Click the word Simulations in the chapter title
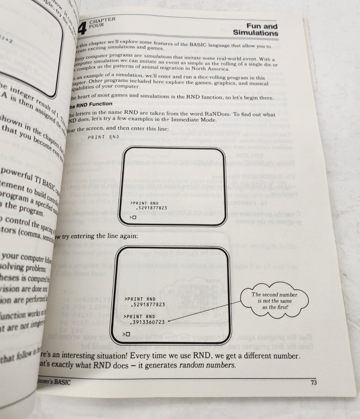click(x=255, y=33)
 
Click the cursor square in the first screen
click(x=134, y=217)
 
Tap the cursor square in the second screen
click(x=128, y=334)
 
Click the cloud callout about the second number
click(x=274, y=300)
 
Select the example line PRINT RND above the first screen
click(x=103, y=137)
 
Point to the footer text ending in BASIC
click(x=54, y=382)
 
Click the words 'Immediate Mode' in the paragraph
click(x=197, y=120)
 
